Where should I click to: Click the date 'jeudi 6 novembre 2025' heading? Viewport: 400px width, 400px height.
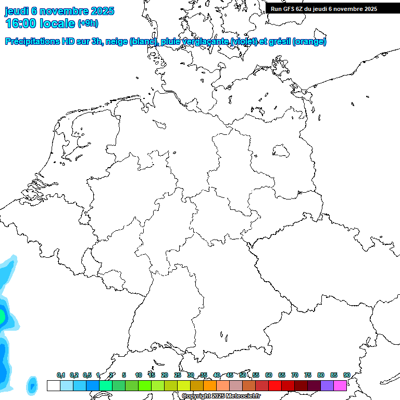[x=59, y=11]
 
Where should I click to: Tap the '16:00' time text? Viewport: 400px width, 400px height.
[x=21, y=23]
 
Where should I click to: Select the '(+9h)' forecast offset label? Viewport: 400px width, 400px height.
[x=87, y=23]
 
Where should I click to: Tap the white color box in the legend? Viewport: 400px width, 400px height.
[x=53, y=385]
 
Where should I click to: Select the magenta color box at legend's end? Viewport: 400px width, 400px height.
[x=340, y=385]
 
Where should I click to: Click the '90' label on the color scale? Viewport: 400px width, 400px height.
[x=346, y=375]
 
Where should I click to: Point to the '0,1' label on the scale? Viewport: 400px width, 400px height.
[x=61, y=375]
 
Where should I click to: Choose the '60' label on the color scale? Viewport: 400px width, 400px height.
[x=269, y=375]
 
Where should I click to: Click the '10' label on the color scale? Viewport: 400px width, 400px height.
[x=139, y=375]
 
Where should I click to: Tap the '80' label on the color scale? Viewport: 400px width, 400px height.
[x=321, y=375]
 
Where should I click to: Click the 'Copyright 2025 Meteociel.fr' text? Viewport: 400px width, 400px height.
[x=221, y=396]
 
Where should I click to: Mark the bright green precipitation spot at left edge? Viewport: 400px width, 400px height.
[x=2, y=316]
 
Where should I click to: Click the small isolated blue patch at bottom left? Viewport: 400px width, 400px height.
[x=32, y=385]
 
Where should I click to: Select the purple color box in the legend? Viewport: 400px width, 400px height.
[x=327, y=385]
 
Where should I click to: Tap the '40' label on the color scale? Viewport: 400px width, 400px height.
[x=217, y=375]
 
